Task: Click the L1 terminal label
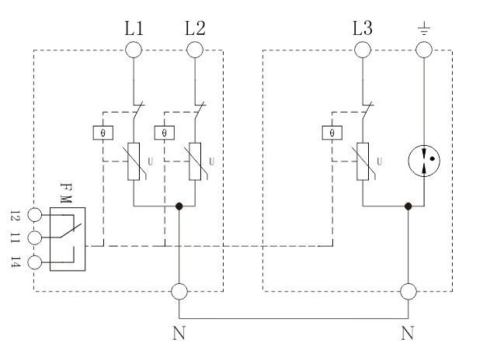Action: coord(133,29)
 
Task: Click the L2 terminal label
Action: coord(195,29)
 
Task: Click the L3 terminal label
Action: coord(361,29)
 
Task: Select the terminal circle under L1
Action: coord(133,50)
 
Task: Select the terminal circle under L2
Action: coord(195,50)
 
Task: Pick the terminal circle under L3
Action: coord(361,50)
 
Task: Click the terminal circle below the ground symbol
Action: coord(423,50)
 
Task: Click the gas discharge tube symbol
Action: coord(424,161)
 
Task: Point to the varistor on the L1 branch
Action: coord(134,161)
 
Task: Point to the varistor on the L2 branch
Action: coord(195,161)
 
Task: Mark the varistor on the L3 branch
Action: coord(362,161)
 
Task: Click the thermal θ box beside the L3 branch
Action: coord(332,133)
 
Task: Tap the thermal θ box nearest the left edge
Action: coord(103,133)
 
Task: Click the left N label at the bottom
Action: coord(179,335)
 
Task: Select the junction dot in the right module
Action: coord(408,206)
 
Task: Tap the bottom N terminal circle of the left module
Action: coord(179,292)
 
